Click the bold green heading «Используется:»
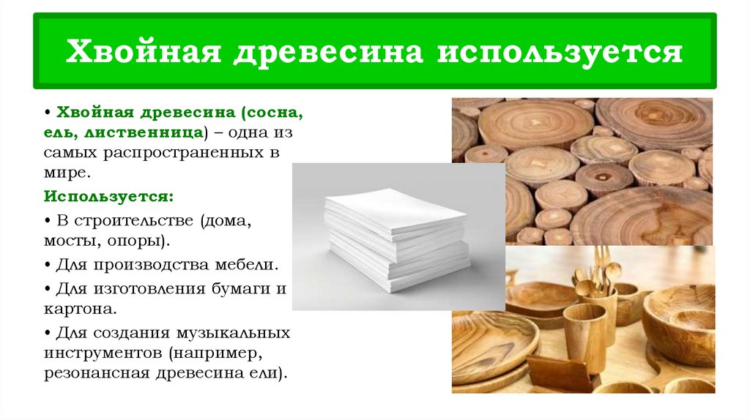[108, 198]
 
